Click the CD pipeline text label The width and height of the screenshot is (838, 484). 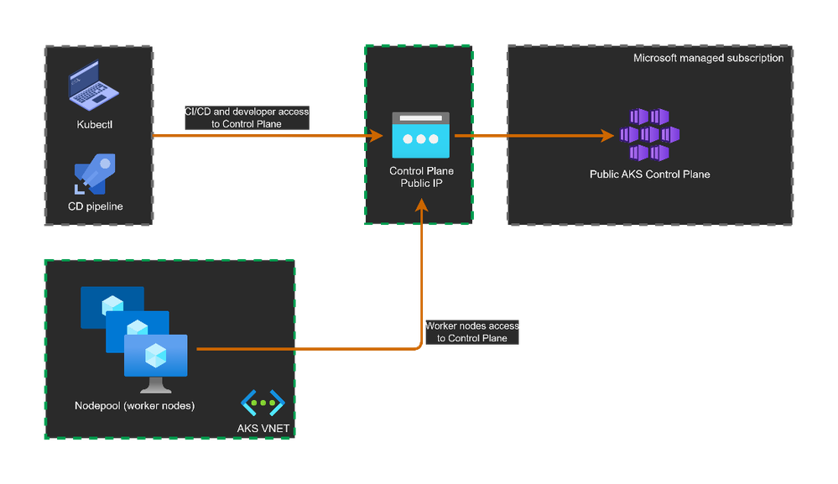(x=95, y=206)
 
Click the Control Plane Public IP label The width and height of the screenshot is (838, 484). (x=421, y=177)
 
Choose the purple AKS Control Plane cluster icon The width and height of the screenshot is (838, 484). (x=649, y=134)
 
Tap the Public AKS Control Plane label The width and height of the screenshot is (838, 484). (x=649, y=174)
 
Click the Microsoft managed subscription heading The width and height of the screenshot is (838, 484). (x=708, y=58)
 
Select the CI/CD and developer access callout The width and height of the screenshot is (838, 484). (x=246, y=117)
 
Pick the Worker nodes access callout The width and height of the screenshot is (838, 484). (x=472, y=331)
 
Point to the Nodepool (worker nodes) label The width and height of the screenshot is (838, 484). (x=134, y=407)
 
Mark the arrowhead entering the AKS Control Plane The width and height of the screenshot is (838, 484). (x=605, y=135)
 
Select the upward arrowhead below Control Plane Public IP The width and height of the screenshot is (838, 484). (x=421, y=205)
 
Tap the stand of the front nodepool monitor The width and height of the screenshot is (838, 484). (x=155, y=386)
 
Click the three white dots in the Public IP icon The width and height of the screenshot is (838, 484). (x=420, y=140)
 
